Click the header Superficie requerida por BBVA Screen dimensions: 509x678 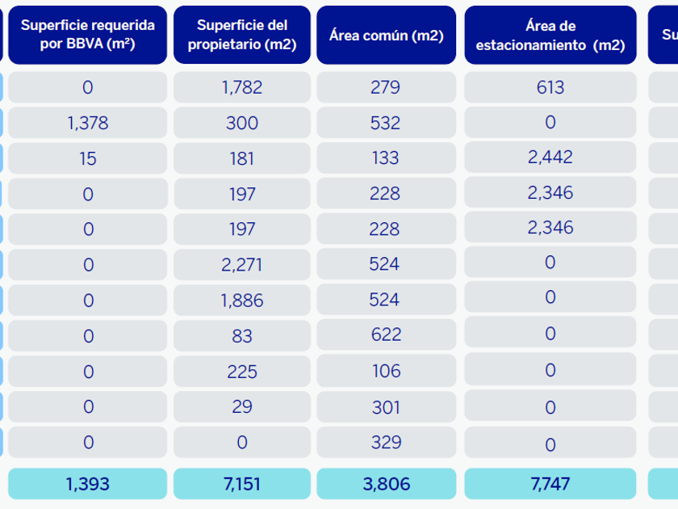click(87, 35)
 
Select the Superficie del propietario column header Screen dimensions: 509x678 click(242, 35)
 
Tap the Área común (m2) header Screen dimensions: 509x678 click(386, 35)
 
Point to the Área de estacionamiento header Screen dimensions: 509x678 click(550, 35)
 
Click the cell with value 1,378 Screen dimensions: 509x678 click(87, 123)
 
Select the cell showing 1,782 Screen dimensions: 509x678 click(242, 87)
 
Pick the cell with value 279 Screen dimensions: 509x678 click(386, 87)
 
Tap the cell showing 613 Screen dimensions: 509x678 click(550, 87)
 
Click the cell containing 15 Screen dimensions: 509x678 click(87, 158)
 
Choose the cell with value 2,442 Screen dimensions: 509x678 click(550, 158)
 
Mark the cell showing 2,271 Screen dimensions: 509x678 click(242, 264)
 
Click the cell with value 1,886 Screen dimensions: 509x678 click(242, 300)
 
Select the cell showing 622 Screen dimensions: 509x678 click(386, 335)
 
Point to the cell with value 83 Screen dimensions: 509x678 click(242, 335)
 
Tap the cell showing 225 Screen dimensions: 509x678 click(242, 371)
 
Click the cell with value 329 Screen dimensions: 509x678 click(386, 442)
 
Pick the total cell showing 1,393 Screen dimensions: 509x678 click(87, 484)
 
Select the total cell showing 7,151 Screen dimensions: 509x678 click(242, 484)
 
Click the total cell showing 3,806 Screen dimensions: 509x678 click(386, 484)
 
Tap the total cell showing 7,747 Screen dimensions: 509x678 click(550, 484)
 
